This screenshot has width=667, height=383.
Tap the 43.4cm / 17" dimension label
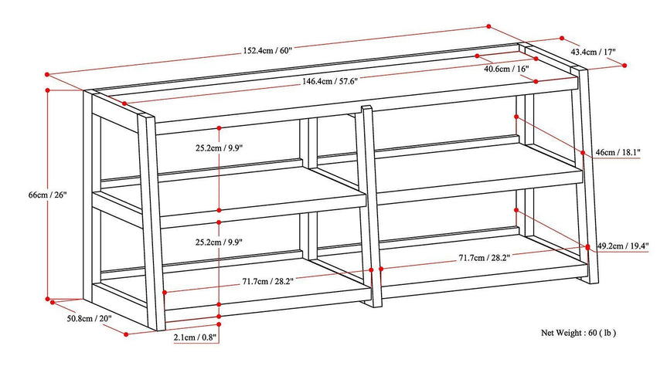click(x=594, y=52)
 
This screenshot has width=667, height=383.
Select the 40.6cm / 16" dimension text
click(x=506, y=69)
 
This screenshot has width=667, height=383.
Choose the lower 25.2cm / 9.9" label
click(x=219, y=242)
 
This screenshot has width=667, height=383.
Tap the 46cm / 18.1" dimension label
click(x=618, y=153)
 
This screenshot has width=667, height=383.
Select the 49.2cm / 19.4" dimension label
click(x=623, y=246)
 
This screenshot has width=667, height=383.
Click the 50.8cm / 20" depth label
click(x=89, y=318)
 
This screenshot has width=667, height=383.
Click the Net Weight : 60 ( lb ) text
click(x=578, y=333)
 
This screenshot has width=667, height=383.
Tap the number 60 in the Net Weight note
click(x=593, y=333)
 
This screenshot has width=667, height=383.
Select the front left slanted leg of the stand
click(x=154, y=224)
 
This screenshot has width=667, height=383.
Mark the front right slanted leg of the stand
click(x=590, y=178)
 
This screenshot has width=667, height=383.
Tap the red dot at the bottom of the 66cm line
click(x=48, y=298)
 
